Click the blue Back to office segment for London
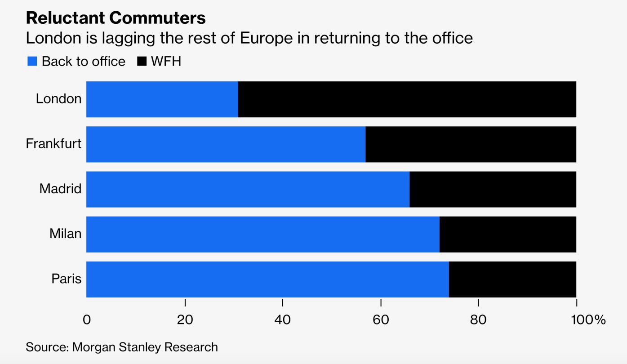tap(162, 99)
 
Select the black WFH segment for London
tap(407, 99)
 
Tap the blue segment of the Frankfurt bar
tap(226, 144)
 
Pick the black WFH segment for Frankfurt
tap(471, 144)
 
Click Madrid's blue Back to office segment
tap(248, 189)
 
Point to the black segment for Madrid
tap(493, 189)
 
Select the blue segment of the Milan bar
tap(262, 234)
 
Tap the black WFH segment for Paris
tap(512, 279)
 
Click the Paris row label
tap(67, 279)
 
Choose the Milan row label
tap(66, 234)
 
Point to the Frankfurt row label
tap(53, 144)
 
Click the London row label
tap(59, 99)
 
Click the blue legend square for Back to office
tap(32, 62)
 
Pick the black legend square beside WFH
tap(142, 62)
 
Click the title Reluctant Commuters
tap(116, 18)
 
